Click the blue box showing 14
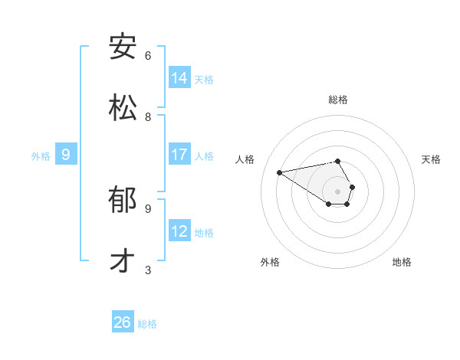tap(179, 77)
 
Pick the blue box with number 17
tap(179, 154)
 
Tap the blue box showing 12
tap(179, 231)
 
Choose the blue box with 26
tap(123, 322)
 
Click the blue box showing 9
tap(66, 154)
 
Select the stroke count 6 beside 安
tap(148, 56)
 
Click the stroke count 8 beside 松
tap(148, 117)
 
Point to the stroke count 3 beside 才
tap(148, 270)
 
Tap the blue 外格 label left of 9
tap(41, 155)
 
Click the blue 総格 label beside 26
tap(147, 324)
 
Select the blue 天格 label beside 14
tap(204, 79)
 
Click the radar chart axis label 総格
tap(338, 100)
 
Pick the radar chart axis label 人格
tap(245, 159)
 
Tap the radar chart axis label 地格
tap(402, 262)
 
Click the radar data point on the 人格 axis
tap(279, 172)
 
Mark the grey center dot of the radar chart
tap(337, 191)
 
